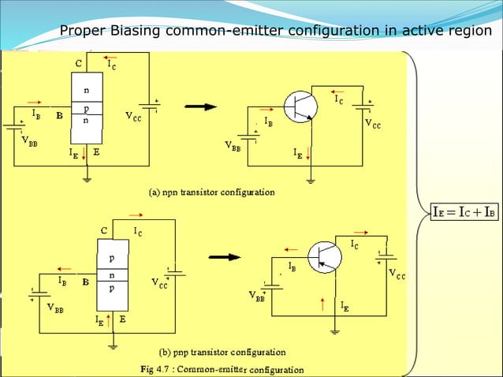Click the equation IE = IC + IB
click(x=464, y=211)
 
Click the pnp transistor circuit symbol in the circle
click(x=324, y=257)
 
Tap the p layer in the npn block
click(x=86, y=108)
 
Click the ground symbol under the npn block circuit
click(x=86, y=179)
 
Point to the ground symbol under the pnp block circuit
click(x=112, y=344)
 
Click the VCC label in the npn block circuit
click(x=133, y=115)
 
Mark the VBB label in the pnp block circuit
click(x=55, y=308)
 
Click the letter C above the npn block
click(x=78, y=62)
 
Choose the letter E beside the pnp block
click(x=122, y=319)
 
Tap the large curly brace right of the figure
click(x=415, y=211)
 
